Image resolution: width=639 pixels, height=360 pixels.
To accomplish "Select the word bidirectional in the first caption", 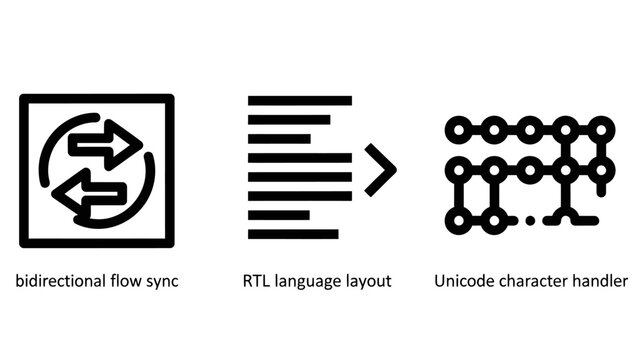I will click(57, 281).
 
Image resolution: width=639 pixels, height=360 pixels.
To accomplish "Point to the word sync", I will click(162, 281).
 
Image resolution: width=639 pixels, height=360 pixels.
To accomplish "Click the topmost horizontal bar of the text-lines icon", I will click(299, 101).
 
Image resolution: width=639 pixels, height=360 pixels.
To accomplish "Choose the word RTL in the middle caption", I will click(258, 281).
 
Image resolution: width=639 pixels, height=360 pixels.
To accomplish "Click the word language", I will click(314, 281).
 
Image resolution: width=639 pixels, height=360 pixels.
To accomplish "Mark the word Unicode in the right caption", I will click(462, 281).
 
